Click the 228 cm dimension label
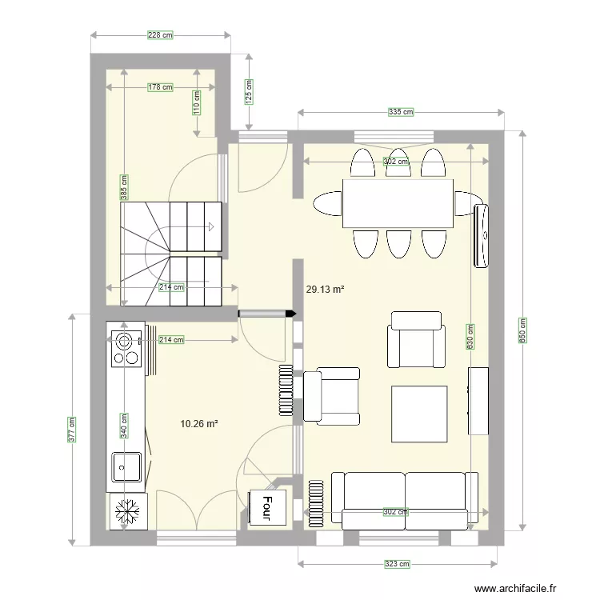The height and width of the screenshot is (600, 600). coord(162,35)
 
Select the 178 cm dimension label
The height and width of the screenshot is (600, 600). coord(161,88)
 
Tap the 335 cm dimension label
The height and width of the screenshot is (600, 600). coord(401,113)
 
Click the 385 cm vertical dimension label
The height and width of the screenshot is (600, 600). coord(124,189)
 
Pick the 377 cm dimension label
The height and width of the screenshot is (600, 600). coord(71,430)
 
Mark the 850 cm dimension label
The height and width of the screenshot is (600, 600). coord(524,329)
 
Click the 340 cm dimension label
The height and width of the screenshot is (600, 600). coord(124,425)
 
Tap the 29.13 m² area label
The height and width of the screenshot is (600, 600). coord(325,290)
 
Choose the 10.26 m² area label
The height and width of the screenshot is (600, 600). coord(200,424)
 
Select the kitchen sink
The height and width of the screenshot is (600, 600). coord(126,466)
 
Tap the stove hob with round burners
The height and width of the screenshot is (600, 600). coord(125,348)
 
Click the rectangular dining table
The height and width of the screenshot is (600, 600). coord(398,203)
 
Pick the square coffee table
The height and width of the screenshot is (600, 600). coord(418,413)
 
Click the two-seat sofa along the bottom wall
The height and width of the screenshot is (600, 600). coord(405,500)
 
